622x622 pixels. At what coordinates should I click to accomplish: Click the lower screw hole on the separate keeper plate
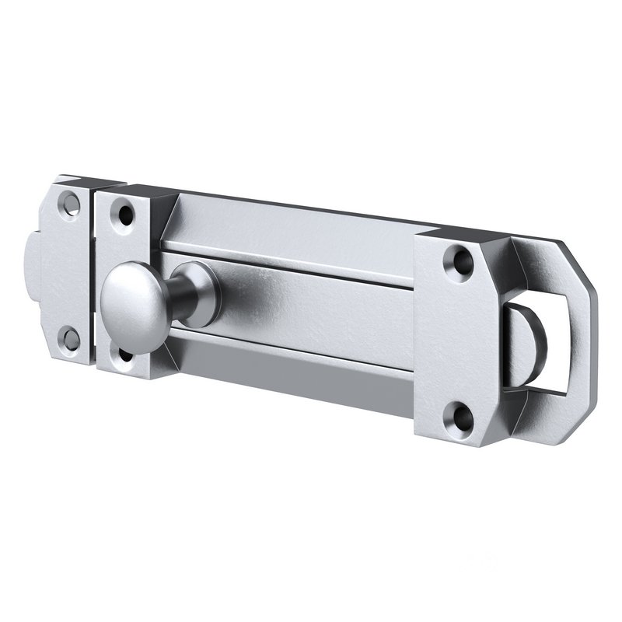pyautogui.click(x=71, y=337)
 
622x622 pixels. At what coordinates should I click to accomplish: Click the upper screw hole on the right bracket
pyautogui.click(x=458, y=260)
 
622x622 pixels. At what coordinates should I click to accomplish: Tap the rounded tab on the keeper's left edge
pyautogui.click(x=33, y=264)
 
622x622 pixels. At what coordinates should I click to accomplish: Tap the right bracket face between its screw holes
pyautogui.click(x=456, y=338)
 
